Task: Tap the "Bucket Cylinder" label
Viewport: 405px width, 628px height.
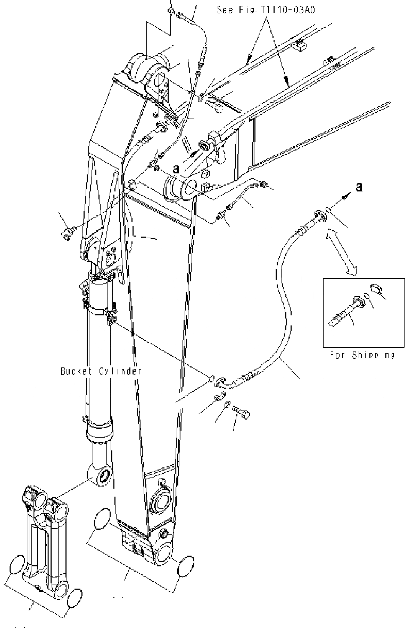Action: (101, 371)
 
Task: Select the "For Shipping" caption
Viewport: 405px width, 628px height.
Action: (362, 354)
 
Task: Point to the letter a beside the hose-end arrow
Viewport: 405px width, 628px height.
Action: (360, 187)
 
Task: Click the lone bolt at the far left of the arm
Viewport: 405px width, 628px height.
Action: (68, 232)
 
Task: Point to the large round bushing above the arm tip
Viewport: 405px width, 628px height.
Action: (160, 501)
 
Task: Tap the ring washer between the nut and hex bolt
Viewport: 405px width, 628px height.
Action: (227, 406)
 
